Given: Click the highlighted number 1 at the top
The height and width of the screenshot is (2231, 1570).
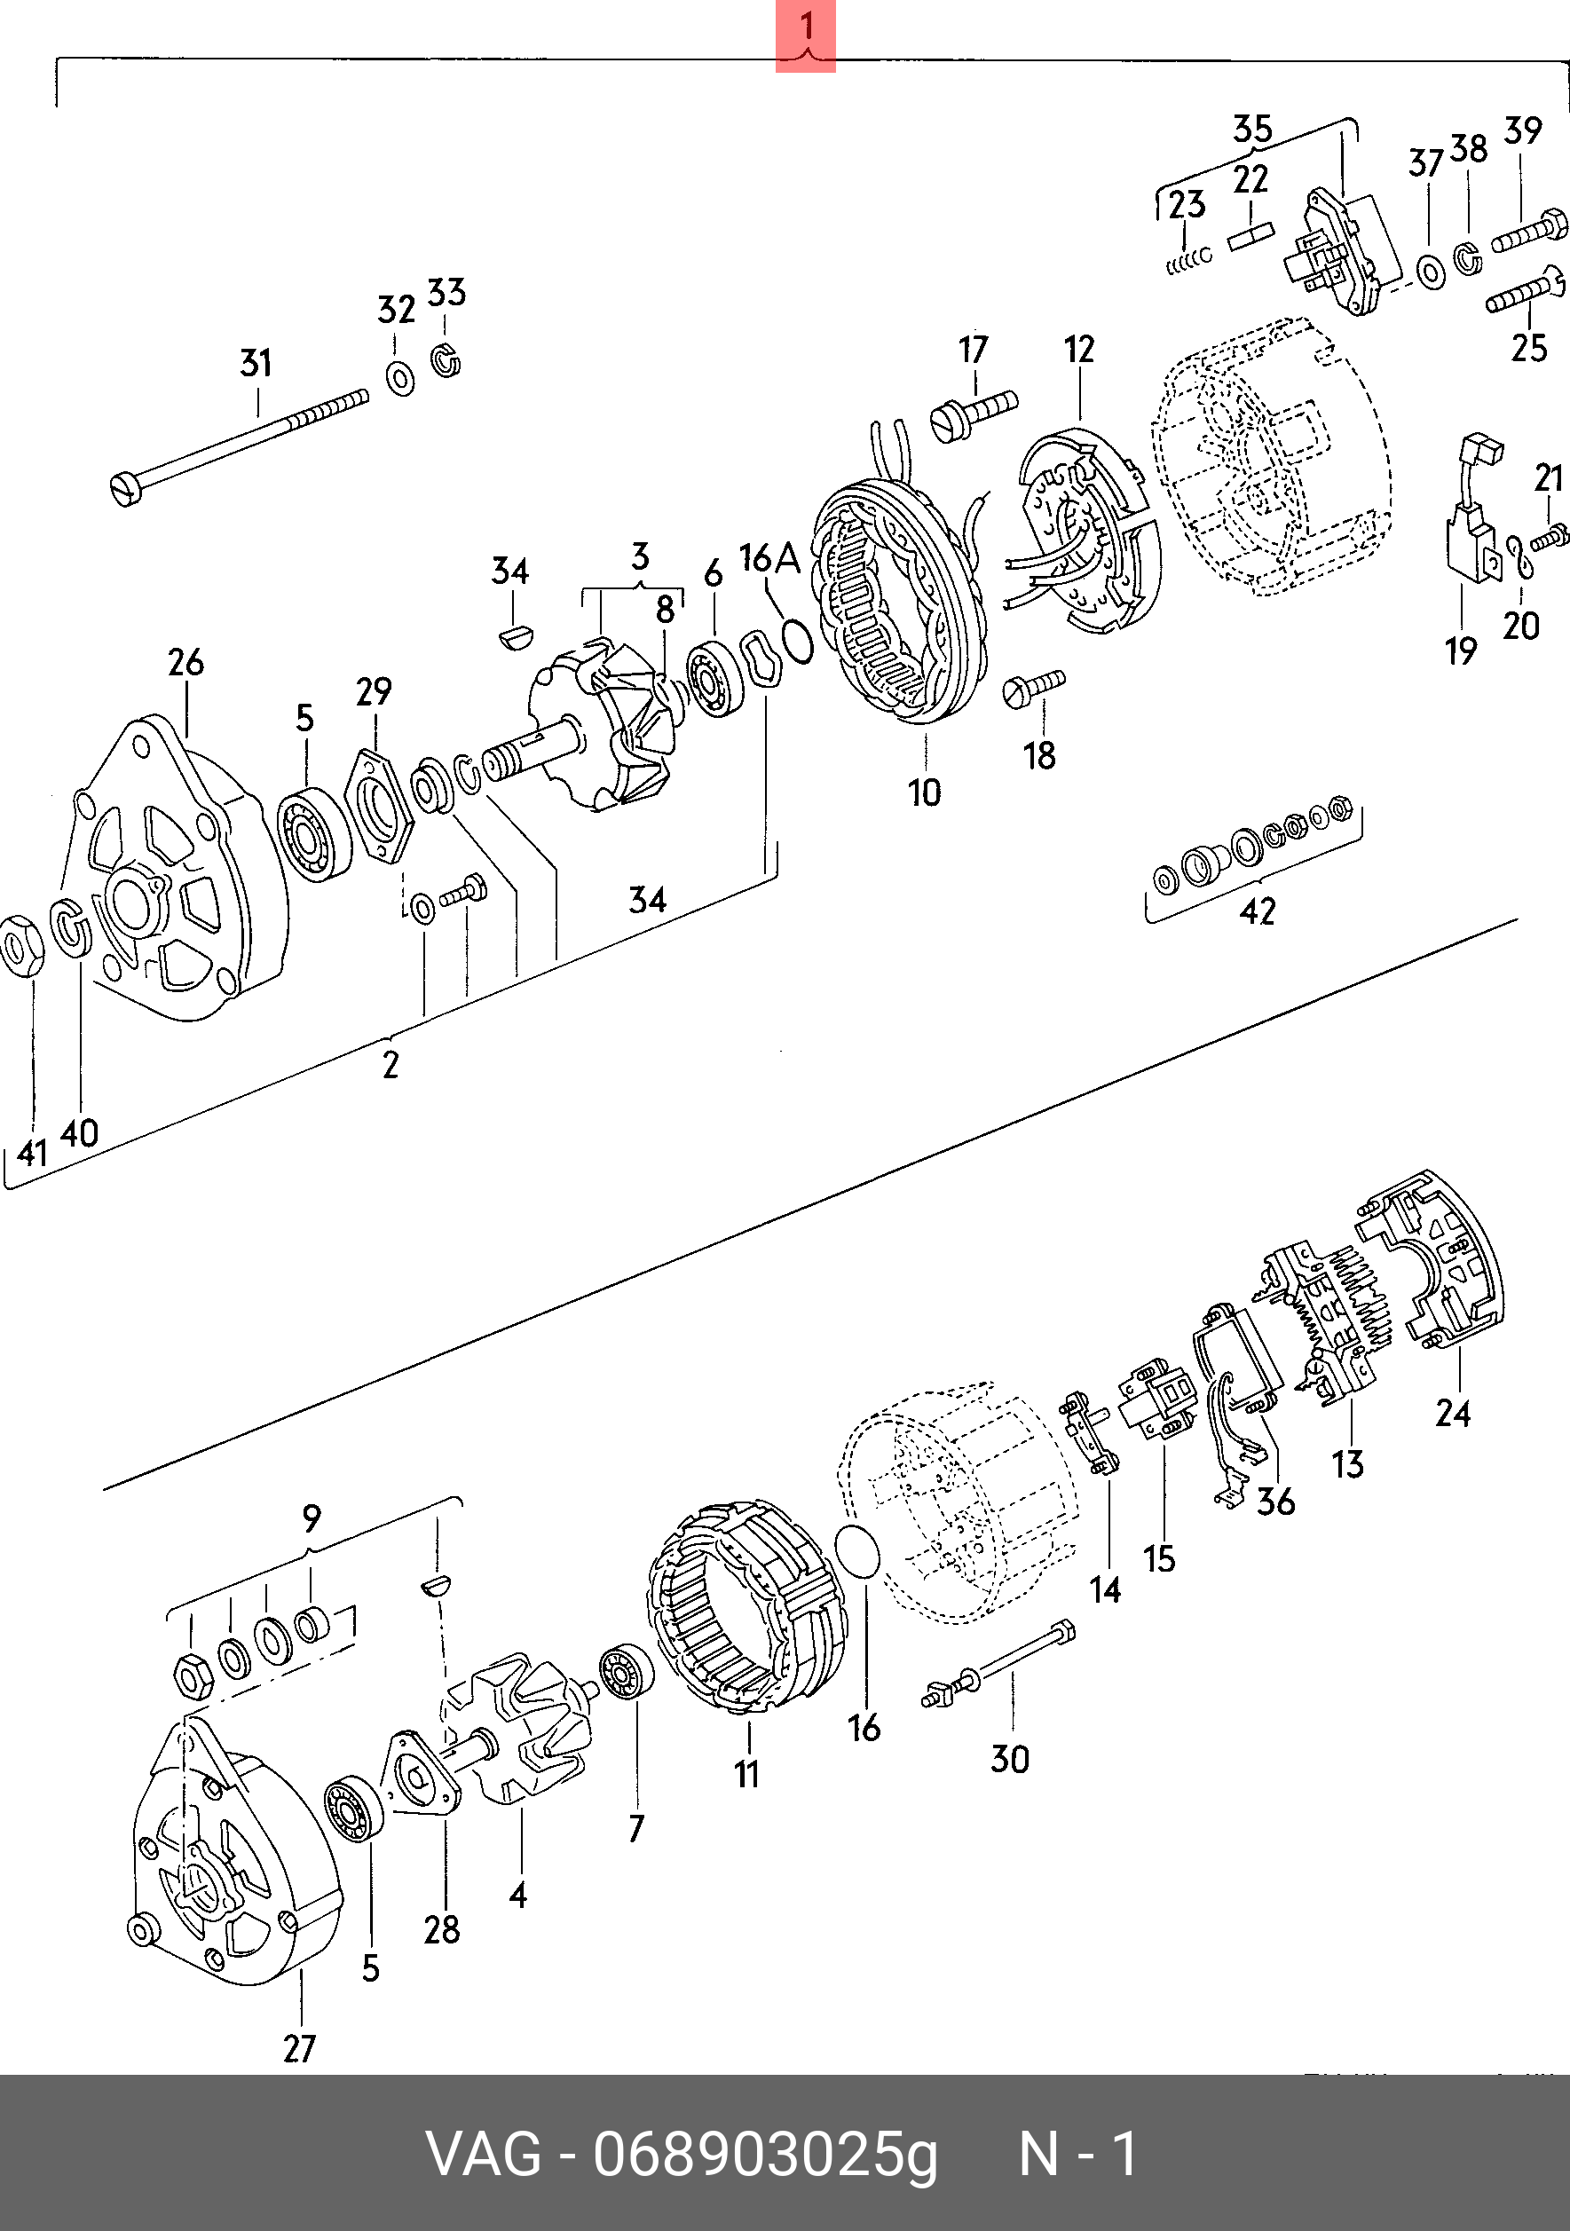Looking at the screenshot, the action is (805, 28).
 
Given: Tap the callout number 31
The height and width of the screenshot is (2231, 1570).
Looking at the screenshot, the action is (256, 364).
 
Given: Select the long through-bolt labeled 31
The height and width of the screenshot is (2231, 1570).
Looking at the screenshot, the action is (239, 448).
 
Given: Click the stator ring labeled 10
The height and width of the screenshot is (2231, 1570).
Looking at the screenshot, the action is (899, 603).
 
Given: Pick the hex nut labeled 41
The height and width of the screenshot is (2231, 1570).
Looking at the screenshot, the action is (21, 945).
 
